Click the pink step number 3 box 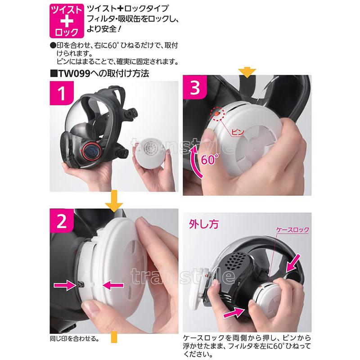195,87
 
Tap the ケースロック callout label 292,229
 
